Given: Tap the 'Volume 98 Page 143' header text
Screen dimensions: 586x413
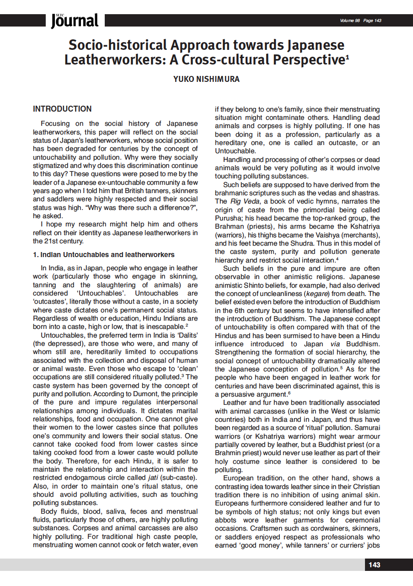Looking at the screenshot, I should (x=360, y=21).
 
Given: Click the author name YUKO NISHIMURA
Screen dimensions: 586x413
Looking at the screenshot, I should (x=206, y=80).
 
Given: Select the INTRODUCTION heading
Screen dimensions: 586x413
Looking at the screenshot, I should (x=62, y=109).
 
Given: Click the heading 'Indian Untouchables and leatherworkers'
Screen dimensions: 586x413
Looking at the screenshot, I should (x=107, y=254).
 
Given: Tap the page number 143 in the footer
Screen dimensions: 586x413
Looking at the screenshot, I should (x=374, y=565).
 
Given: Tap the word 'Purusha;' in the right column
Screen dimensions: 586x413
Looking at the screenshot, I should (x=229, y=218).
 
